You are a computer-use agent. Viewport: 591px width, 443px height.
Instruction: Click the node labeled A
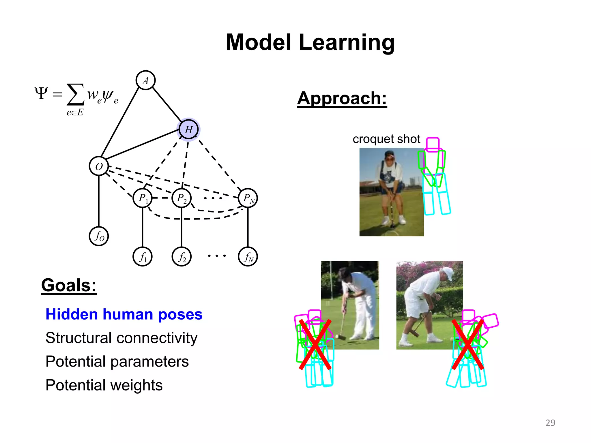[145, 80]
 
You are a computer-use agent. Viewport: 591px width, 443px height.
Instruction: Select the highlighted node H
[188, 129]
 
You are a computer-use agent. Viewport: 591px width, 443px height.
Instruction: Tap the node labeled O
[99, 166]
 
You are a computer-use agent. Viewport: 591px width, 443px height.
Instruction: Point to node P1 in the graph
[143, 198]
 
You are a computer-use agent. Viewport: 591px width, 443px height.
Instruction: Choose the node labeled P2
[182, 198]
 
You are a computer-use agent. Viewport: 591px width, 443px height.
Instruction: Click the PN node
[248, 198]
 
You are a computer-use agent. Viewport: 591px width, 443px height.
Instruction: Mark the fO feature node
[99, 236]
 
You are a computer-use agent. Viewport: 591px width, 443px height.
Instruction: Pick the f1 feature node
[143, 256]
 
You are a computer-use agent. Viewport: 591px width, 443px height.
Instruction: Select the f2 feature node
[182, 256]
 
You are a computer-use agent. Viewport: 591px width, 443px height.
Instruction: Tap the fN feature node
[248, 256]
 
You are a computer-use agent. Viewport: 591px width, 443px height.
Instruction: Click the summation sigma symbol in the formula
[75, 94]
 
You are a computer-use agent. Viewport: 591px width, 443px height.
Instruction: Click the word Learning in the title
[347, 42]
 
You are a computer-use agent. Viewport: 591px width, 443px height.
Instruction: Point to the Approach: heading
[342, 98]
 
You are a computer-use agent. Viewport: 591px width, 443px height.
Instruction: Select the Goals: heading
[69, 285]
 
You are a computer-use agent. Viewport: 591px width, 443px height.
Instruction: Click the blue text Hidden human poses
[124, 314]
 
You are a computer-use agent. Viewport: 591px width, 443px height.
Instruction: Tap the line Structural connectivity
[121, 338]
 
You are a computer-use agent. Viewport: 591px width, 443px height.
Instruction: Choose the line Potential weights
[104, 385]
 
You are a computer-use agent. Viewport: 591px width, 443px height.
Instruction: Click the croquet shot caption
[386, 139]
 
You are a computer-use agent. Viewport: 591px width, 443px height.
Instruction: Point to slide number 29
[550, 423]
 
